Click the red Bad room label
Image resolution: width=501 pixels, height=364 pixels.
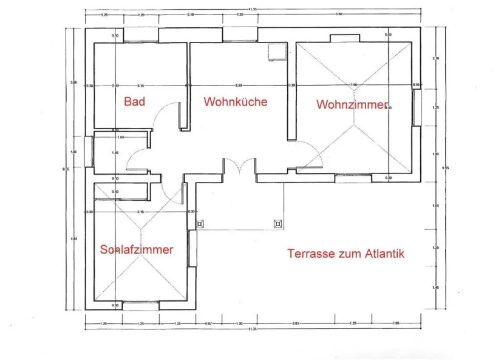point(134,101)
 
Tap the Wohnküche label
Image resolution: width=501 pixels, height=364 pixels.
point(235,101)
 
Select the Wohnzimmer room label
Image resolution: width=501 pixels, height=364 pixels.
point(352,105)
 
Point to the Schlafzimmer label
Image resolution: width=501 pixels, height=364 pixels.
point(137,249)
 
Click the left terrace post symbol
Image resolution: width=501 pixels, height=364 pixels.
point(200,223)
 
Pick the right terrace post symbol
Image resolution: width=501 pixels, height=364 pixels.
point(278,223)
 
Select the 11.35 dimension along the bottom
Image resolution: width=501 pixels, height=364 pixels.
point(251,329)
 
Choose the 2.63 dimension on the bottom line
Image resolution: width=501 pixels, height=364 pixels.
point(296,323)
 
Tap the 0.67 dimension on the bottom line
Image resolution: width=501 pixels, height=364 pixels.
point(209,323)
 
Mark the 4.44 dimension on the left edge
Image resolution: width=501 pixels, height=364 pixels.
point(73,238)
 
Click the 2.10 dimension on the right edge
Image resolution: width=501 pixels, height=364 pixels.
point(434,58)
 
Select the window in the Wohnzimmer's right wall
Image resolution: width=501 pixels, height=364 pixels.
point(417,107)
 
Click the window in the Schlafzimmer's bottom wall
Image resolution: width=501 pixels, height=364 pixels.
point(140,305)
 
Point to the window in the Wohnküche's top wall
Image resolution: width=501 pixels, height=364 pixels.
point(240,35)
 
